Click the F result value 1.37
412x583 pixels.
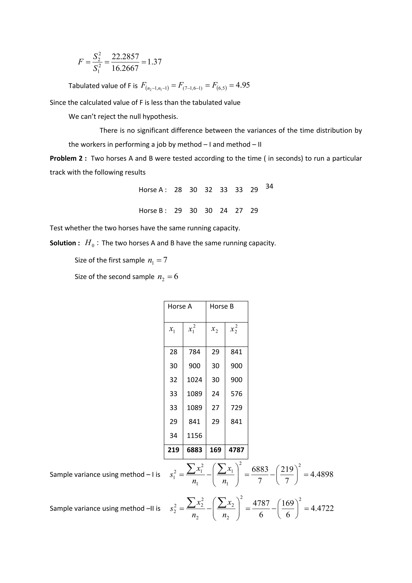click(x=154, y=62)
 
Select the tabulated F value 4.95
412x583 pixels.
click(x=243, y=85)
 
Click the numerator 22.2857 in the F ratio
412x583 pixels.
click(x=125, y=56)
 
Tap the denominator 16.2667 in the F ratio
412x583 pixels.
click(x=125, y=68)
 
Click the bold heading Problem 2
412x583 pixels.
click(x=68, y=158)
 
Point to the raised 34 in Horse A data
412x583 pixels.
click(x=269, y=186)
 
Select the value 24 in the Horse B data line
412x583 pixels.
click(x=224, y=211)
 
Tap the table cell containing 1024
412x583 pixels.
click(x=194, y=380)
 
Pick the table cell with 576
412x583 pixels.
click(x=236, y=394)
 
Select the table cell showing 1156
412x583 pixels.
click(x=194, y=435)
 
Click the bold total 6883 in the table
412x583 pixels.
click(x=194, y=450)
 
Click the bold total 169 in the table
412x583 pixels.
click(x=215, y=450)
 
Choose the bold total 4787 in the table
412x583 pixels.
click(x=236, y=450)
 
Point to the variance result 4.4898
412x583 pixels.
click(x=321, y=474)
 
